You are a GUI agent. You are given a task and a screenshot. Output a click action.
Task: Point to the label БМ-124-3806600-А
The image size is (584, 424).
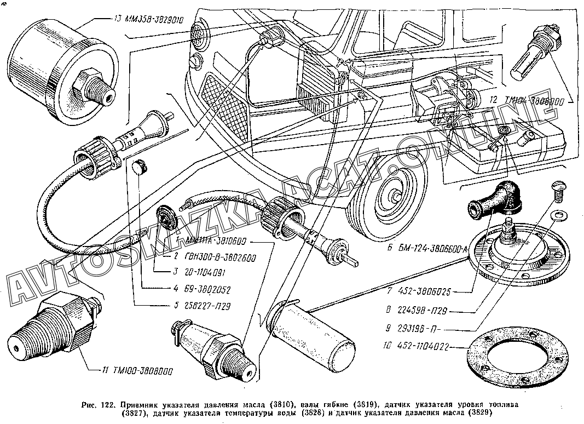(420, 248)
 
